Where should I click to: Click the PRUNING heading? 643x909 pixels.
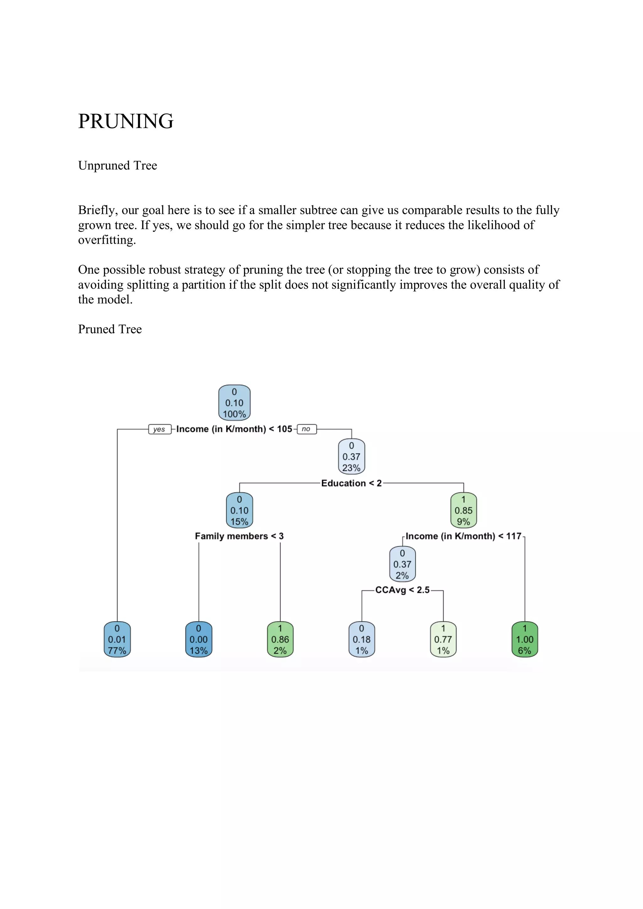pos(126,121)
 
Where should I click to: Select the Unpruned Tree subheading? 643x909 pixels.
pos(118,166)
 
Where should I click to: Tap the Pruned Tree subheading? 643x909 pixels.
pos(110,329)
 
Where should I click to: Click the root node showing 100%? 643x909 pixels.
pos(234,403)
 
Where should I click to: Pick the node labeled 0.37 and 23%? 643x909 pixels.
pos(351,456)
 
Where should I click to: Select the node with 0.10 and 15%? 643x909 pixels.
pos(239,510)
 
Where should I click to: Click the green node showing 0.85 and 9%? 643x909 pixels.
pos(463,510)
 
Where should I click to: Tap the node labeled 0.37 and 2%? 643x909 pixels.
pos(402,564)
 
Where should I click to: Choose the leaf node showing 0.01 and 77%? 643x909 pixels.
pos(117,639)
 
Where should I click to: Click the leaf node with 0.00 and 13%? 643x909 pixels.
pos(198,639)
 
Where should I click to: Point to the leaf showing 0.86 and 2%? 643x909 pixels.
pos(280,639)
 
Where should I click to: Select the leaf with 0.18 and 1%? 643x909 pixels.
pos(362,639)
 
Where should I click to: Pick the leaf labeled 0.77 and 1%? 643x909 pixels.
pos(443,639)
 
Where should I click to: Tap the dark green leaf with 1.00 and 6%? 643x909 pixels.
pos(525,639)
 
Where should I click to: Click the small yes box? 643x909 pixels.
pos(159,429)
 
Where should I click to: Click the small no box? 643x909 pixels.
pos(306,429)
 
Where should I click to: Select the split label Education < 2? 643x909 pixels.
pos(351,483)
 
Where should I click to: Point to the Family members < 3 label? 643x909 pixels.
pos(239,536)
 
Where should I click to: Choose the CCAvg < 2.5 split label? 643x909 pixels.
pos(403,590)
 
